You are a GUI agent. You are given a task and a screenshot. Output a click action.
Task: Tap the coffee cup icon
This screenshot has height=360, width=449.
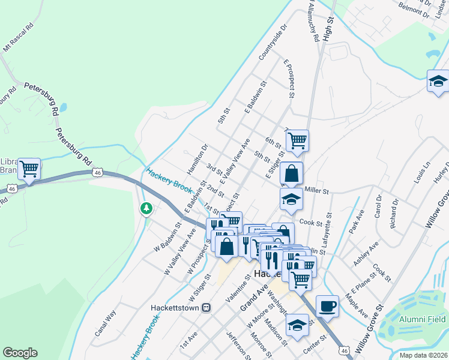coord(327,306)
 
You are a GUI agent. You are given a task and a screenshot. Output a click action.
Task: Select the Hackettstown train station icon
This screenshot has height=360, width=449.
coord(206,307)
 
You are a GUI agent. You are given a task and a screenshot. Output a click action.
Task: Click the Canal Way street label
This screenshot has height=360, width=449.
coord(105,323)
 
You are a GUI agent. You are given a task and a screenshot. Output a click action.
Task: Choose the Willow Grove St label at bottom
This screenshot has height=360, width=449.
coord(371,325)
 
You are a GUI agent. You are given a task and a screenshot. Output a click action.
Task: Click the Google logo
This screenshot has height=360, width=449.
coord(20,353)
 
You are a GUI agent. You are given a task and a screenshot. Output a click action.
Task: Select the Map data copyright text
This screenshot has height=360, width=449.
coord(423,355)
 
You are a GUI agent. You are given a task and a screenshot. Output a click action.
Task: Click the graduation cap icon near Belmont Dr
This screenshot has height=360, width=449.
coord(438,82)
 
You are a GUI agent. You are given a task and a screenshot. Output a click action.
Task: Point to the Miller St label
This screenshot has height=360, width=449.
coord(317,190)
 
